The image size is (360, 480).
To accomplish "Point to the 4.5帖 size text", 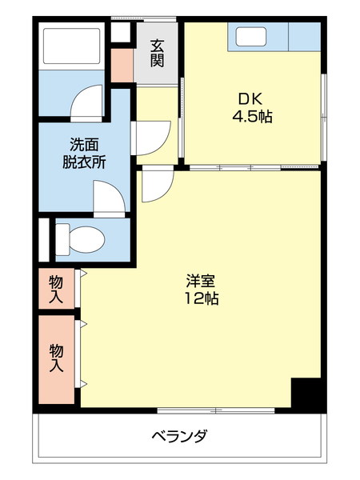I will click(253, 117).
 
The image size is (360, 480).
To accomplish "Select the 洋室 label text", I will click(200, 281).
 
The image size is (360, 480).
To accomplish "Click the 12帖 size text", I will click(200, 299).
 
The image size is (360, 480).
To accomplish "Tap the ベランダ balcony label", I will click(179, 437).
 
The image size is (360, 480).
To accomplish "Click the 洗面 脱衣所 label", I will click(85, 152).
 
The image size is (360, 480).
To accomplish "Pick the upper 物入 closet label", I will click(56, 289).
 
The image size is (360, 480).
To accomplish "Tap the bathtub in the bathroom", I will click(71, 47).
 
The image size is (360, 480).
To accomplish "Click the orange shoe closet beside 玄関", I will click(122, 66).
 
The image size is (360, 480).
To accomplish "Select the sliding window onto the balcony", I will click(216, 411).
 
